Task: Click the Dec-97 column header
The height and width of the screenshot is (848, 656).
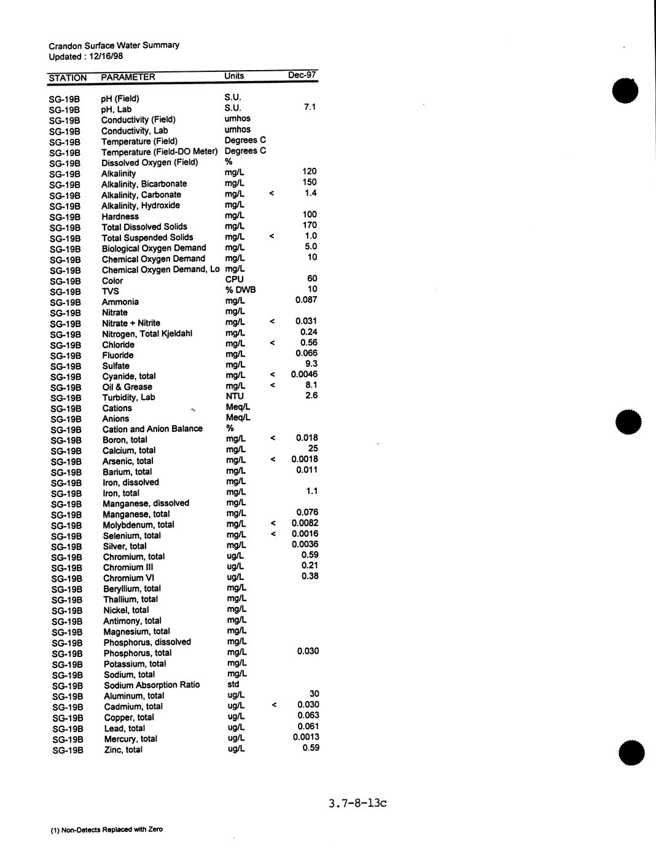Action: coord(302,76)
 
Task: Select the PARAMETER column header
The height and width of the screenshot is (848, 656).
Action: coord(128,77)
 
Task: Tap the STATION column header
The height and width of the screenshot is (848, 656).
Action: coord(68,78)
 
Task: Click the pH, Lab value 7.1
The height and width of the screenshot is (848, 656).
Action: coord(310,108)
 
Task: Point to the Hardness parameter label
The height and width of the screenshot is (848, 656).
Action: coord(120,216)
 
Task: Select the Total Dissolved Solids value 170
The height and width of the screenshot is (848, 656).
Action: coord(310,226)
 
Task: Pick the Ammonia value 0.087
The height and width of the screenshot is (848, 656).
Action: coord(306,300)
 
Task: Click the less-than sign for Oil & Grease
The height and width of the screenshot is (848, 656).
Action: coord(272,386)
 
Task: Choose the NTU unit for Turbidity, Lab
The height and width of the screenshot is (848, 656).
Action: coord(235,396)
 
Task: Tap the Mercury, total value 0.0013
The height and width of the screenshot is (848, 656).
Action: coord(306,737)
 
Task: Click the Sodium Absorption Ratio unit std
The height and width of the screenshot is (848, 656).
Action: coord(233,685)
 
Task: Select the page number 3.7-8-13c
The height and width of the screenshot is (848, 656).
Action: coord(357,803)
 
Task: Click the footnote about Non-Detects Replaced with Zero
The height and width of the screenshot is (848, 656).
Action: coord(107,830)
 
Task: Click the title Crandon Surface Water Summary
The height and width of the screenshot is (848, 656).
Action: coord(114,45)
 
